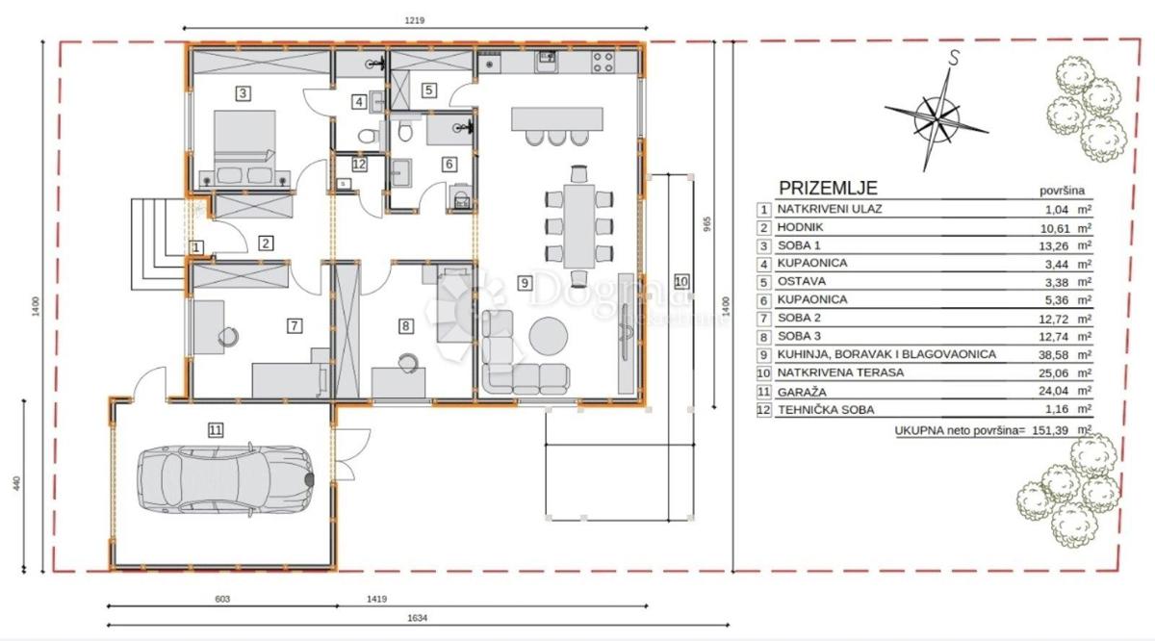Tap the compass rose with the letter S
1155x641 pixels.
(x=937, y=113)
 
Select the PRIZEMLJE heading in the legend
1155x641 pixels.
(x=828, y=189)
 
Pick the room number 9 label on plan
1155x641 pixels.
(x=524, y=283)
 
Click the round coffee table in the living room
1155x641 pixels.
(x=552, y=335)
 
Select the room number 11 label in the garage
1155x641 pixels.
(x=215, y=430)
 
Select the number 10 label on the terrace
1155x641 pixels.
(x=681, y=282)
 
